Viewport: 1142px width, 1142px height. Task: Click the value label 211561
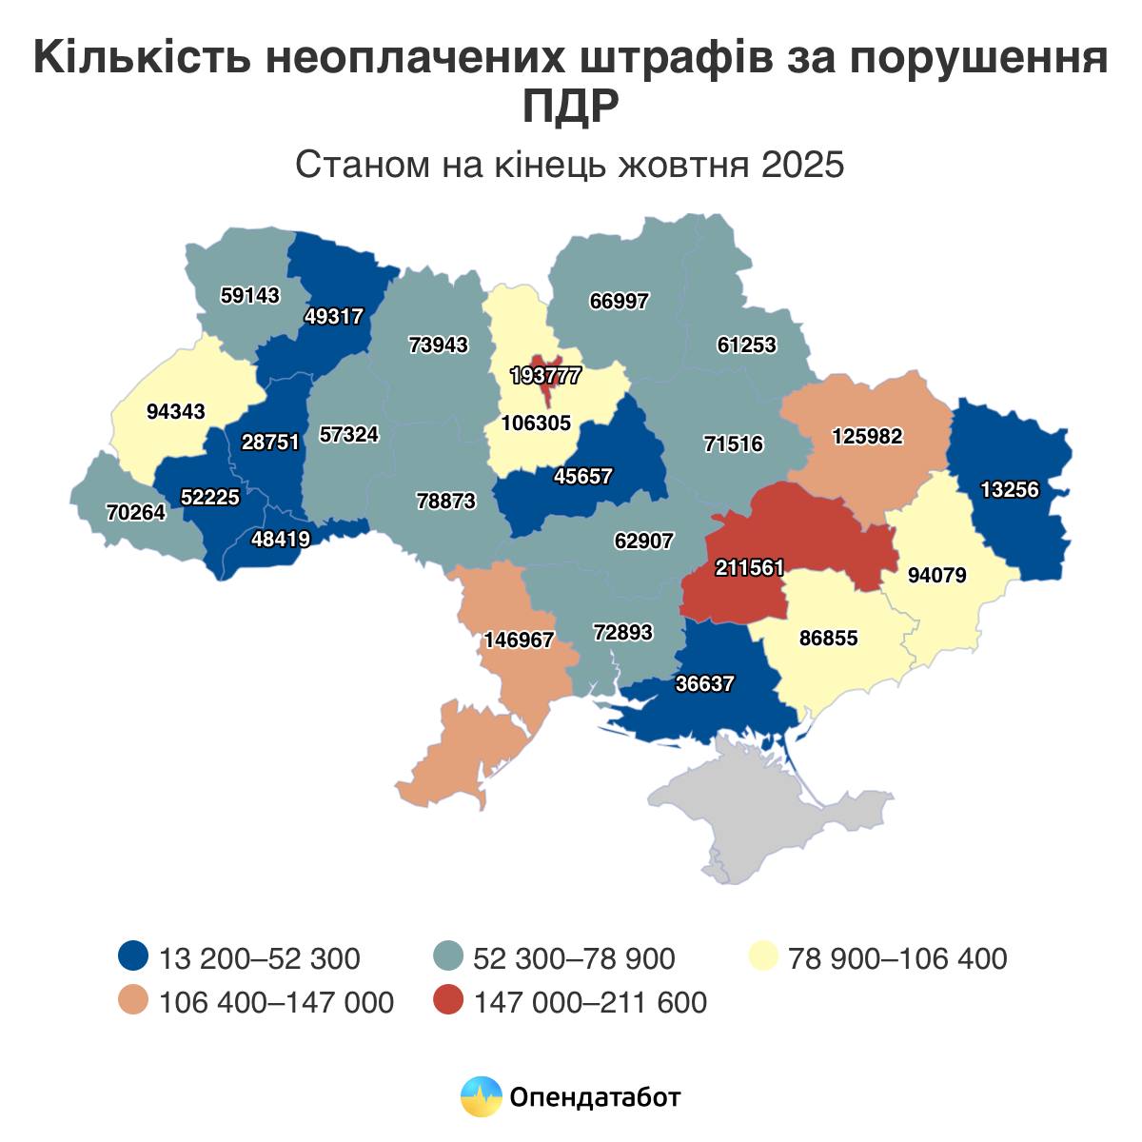coord(750,568)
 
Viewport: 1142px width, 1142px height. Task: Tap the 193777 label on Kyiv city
coord(544,375)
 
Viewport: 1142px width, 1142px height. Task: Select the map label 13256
coord(1011,490)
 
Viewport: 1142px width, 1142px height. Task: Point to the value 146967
coord(519,640)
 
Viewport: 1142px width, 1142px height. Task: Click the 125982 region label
coord(866,437)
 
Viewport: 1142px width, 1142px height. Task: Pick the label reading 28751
coord(270,443)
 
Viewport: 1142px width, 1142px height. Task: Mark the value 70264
coord(136,512)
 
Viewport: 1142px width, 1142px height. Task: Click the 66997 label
coord(619,302)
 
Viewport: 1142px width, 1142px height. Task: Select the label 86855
coord(828,639)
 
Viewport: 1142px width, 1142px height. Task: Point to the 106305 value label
coord(535,423)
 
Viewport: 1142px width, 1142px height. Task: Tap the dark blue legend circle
coord(133,956)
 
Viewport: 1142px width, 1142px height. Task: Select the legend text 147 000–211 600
coord(590,1002)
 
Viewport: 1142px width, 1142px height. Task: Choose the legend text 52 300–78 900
coord(574,957)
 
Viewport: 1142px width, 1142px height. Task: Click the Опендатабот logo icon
coord(481,1097)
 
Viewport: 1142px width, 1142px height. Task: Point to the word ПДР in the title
coord(570,106)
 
